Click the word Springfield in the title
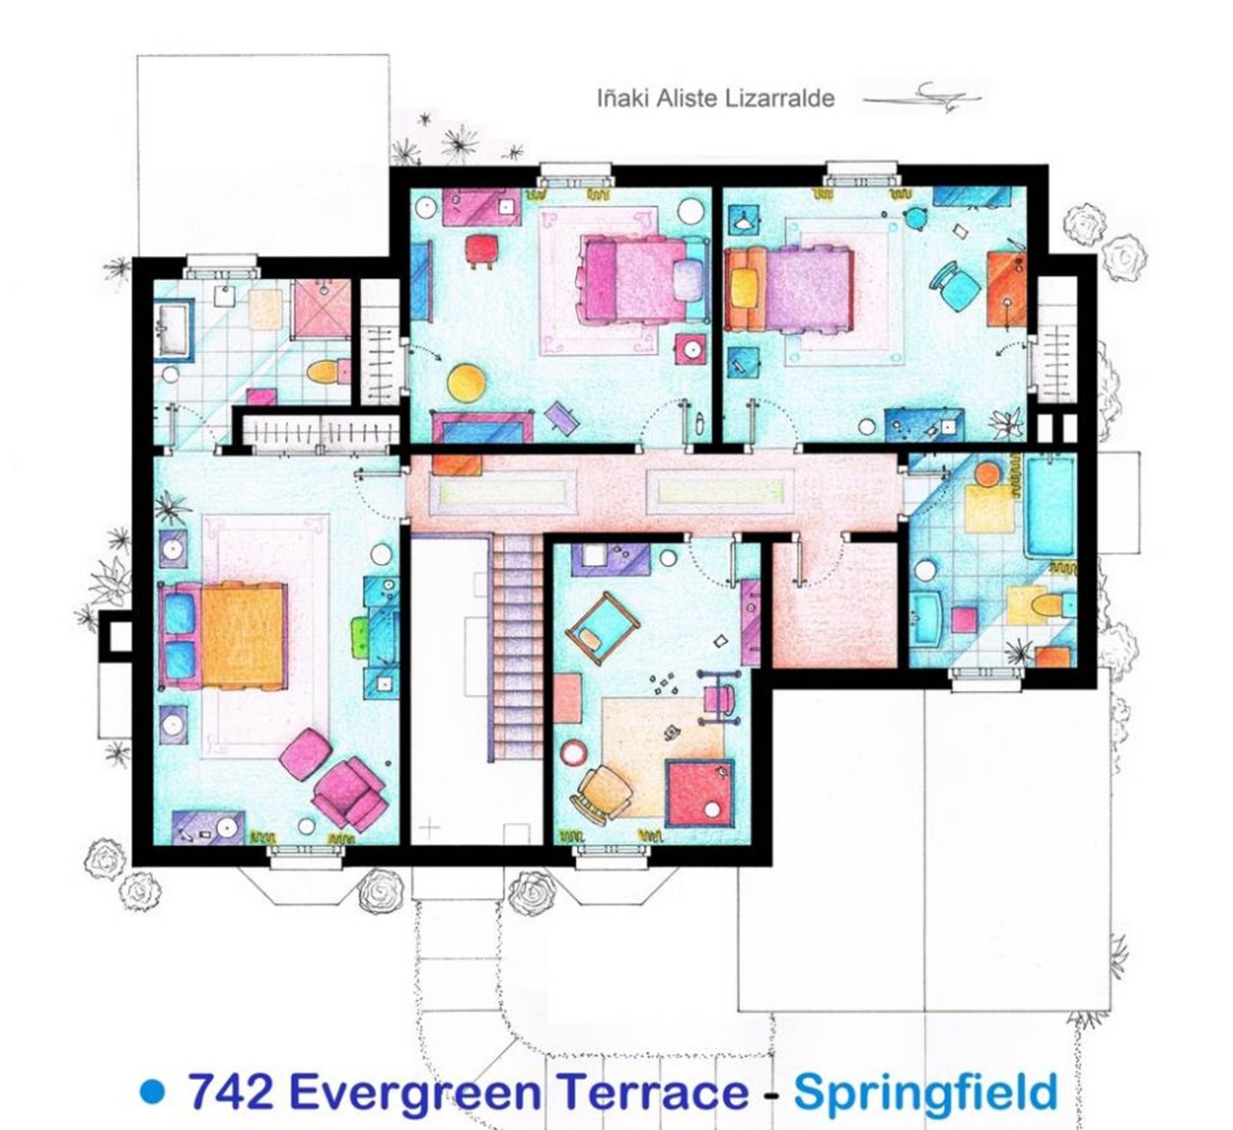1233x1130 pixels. [925, 1091]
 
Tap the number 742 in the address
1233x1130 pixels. [231, 1091]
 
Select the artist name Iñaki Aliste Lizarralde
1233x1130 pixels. [716, 98]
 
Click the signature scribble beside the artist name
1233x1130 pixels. [922, 97]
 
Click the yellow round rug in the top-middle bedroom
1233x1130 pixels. [466, 383]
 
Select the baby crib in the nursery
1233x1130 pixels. [602, 628]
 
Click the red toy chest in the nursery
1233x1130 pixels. [700, 793]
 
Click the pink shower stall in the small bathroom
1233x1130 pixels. [322, 309]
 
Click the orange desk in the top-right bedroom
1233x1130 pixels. [1007, 288]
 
